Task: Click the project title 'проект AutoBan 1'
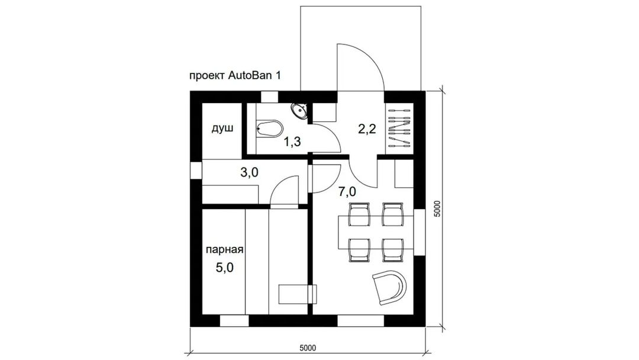click(x=235, y=76)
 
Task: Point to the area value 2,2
click(x=367, y=129)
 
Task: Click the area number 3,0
click(x=249, y=173)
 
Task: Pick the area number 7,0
click(x=347, y=191)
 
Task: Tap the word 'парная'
click(x=225, y=249)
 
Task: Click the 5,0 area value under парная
click(x=225, y=268)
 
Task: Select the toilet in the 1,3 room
click(x=270, y=128)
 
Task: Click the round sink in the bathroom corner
click(x=301, y=110)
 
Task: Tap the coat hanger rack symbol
click(x=399, y=128)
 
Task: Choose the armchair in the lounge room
click(x=389, y=287)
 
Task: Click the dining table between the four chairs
click(x=376, y=232)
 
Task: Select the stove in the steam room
click(x=297, y=294)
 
